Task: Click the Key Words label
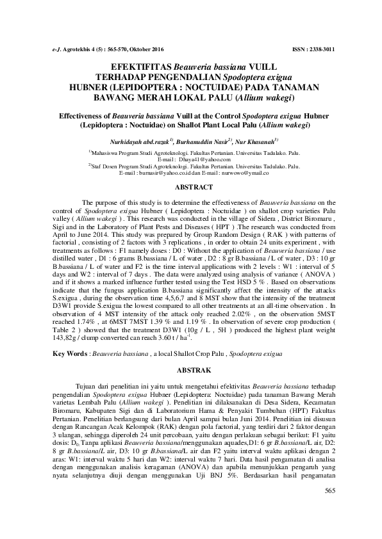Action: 70,353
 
